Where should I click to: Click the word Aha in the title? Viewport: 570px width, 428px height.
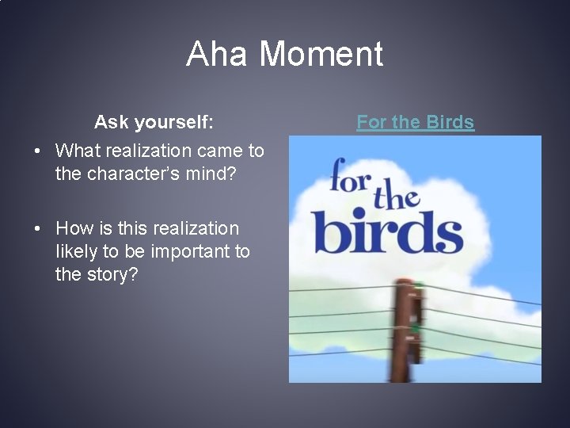pos(218,55)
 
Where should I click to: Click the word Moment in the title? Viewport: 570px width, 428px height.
pos(321,55)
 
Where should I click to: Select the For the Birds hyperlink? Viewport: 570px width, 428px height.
pos(415,122)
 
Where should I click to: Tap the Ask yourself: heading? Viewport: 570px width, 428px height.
pos(153,122)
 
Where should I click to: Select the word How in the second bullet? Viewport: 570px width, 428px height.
pos(74,228)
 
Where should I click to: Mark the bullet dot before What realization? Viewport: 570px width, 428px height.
pos(37,151)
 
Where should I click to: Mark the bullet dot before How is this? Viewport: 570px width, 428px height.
pos(37,228)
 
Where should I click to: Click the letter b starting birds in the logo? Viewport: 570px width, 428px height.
pos(327,228)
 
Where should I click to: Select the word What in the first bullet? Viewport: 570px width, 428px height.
pos(78,151)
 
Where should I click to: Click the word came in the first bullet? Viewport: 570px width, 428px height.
pos(221,151)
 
